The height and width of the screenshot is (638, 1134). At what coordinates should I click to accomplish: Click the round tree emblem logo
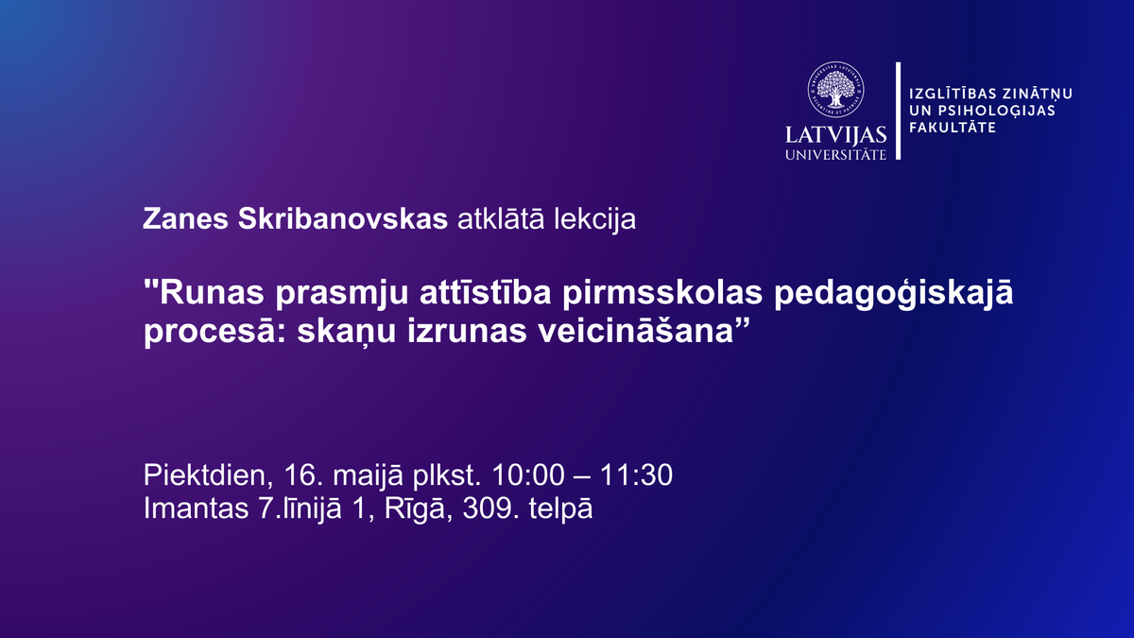pyautogui.click(x=835, y=90)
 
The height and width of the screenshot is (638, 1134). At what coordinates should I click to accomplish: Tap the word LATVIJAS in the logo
pyautogui.click(x=835, y=135)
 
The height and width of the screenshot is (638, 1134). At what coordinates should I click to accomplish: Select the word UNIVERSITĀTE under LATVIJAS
pyautogui.click(x=835, y=154)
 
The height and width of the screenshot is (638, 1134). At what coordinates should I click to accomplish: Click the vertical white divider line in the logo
pyautogui.click(x=899, y=111)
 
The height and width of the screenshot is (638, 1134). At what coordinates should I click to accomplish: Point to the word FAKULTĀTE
pyautogui.click(x=953, y=127)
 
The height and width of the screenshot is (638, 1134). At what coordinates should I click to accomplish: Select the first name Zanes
pyautogui.click(x=185, y=218)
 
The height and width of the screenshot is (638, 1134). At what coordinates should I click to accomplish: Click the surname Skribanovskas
pyautogui.click(x=343, y=218)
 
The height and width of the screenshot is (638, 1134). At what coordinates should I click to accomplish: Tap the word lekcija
pyautogui.click(x=594, y=219)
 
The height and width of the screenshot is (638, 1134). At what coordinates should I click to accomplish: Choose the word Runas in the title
pyautogui.click(x=212, y=293)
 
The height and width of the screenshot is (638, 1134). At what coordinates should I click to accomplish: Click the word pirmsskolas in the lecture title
pyautogui.click(x=662, y=295)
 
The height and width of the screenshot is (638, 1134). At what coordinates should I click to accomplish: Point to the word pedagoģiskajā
pyautogui.click(x=894, y=294)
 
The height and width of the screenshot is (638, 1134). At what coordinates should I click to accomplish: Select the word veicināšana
pyautogui.click(x=635, y=332)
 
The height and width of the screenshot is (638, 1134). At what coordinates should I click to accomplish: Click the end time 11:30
pyautogui.click(x=636, y=474)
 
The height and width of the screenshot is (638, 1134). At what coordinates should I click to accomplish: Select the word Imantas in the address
pyautogui.click(x=196, y=509)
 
